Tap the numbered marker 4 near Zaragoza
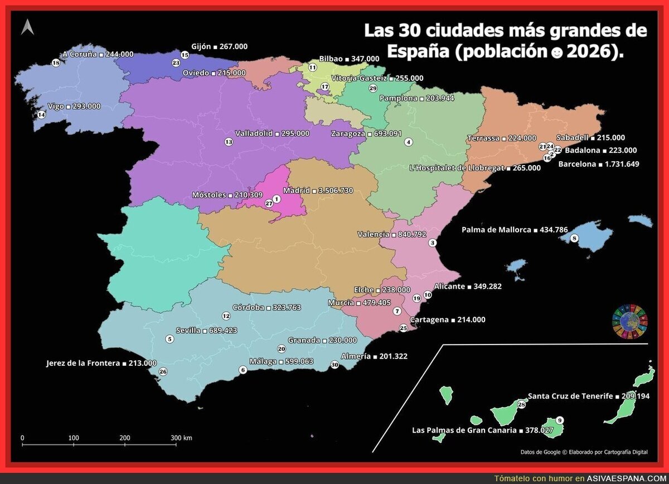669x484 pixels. (409, 142)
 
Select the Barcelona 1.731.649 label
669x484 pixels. (598, 164)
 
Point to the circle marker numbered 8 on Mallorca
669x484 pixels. (575, 239)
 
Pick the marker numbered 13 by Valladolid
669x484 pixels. (229, 142)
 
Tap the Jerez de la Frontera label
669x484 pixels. (101, 363)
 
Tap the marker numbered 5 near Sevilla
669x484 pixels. (170, 339)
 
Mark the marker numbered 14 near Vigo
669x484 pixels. (41, 115)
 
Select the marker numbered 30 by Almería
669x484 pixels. (334, 365)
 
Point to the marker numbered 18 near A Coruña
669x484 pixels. (55, 63)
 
